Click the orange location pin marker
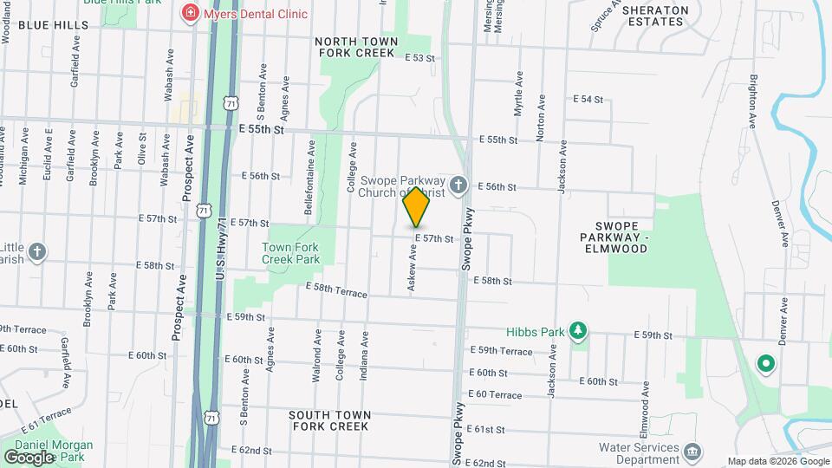(x=416, y=206)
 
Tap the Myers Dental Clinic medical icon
(x=188, y=14)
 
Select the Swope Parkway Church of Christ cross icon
(x=459, y=184)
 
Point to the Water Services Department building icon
(x=692, y=451)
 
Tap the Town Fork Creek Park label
(x=290, y=253)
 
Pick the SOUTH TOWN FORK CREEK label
(x=330, y=420)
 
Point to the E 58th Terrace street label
(x=336, y=289)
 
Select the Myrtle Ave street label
(x=519, y=94)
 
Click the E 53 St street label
(x=419, y=57)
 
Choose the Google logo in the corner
(x=29, y=457)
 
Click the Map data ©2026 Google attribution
(x=777, y=461)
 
